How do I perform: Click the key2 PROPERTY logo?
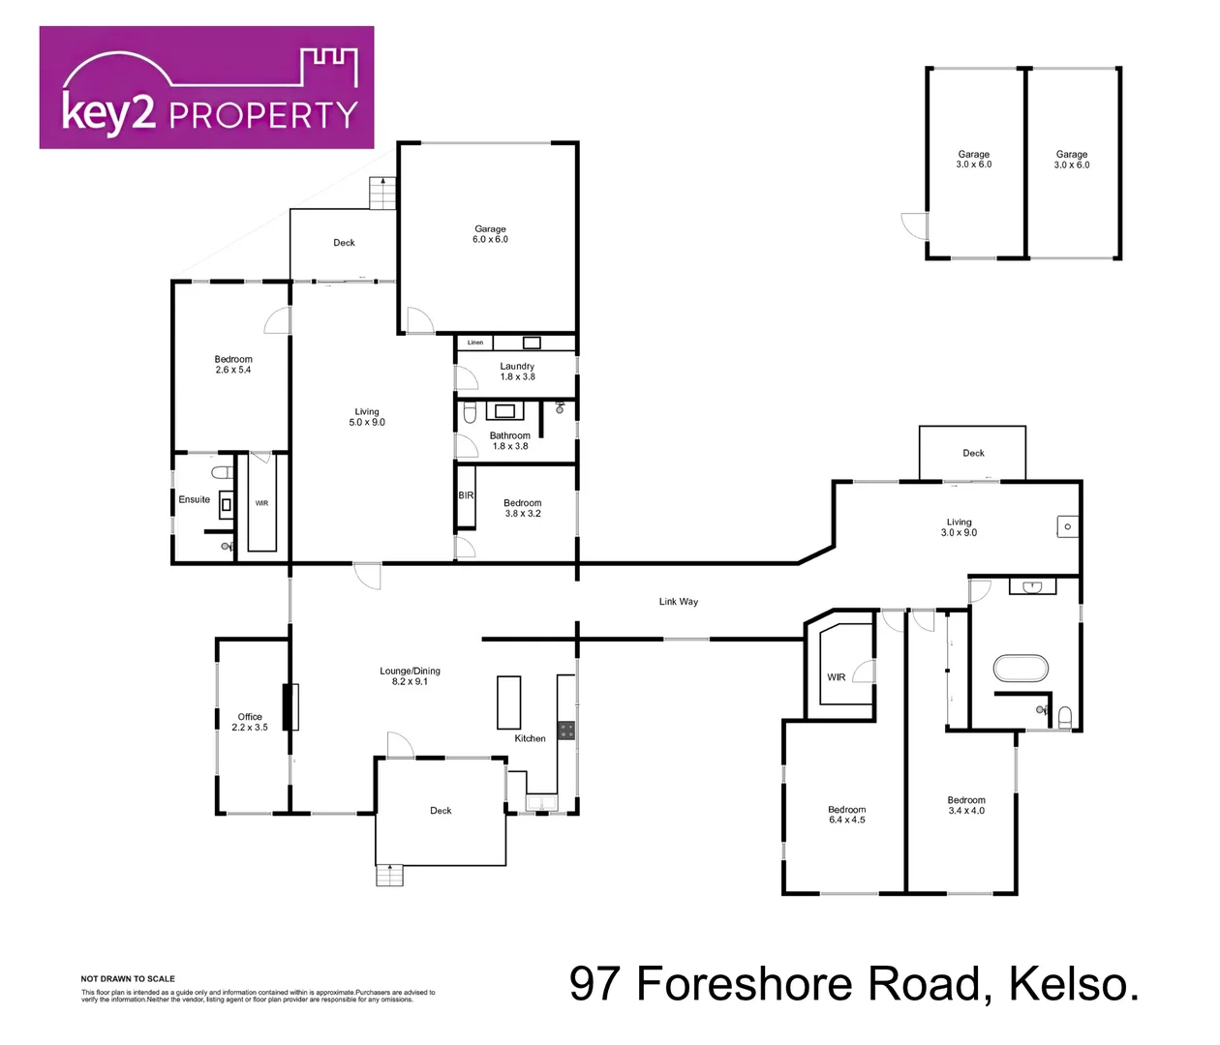click(206, 88)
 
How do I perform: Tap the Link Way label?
click(678, 602)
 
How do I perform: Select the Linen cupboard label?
click(475, 343)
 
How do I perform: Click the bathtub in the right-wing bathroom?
click(1021, 669)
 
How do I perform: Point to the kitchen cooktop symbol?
click(566, 731)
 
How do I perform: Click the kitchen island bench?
click(508, 702)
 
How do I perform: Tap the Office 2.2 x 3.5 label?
click(250, 722)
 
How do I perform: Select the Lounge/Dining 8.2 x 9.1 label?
click(410, 676)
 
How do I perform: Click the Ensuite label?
click(194, 499)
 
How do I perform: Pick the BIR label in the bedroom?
click(466, 495)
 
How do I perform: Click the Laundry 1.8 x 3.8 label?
click(517, 372)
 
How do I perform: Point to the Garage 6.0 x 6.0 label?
click(490, 234)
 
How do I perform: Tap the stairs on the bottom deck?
click(389, 875)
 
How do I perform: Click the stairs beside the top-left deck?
click(383, 194)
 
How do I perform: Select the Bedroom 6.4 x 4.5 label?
click(846, 815)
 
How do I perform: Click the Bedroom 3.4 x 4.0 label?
click(965, 805)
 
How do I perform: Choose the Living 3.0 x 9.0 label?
click(959, 527)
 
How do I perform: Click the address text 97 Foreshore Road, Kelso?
click(854, 984)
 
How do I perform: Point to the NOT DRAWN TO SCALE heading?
click(128, 978)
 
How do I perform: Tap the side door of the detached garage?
click(913, 225)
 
